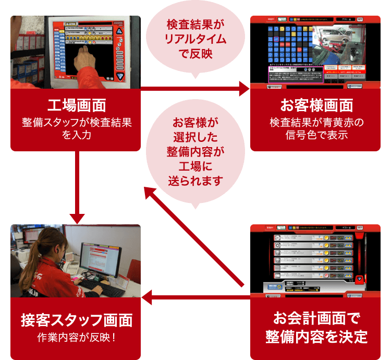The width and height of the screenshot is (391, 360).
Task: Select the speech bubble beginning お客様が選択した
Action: [x=195, y=151]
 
